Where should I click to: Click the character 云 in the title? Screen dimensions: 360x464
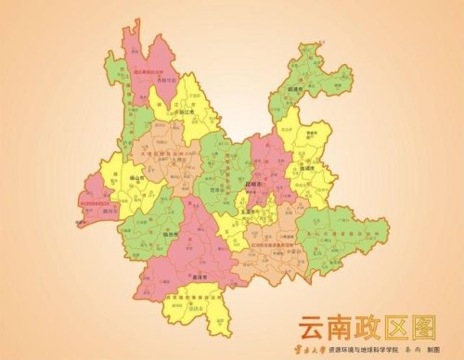(x=311, y=327)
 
